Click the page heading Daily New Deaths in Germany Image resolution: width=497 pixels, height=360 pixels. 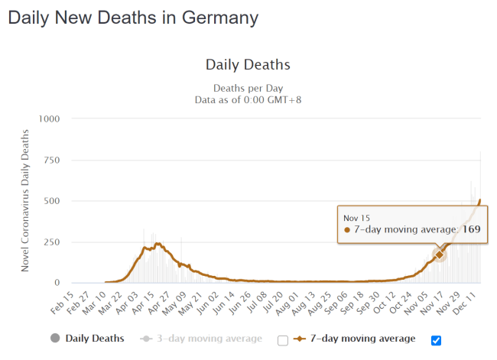click(x=133, y=17)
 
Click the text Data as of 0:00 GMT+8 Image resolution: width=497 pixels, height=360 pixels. click(x=248, y=99)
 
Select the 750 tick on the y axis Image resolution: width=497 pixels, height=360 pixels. click(x=51, y=160)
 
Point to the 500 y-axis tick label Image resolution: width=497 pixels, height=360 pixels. click(x=51, y=201)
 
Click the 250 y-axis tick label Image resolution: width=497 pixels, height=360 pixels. click(x=51, y=242)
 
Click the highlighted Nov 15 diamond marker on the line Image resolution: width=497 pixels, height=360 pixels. click(x=440, y=255)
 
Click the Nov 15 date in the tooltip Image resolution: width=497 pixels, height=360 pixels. click(x=357, y=216)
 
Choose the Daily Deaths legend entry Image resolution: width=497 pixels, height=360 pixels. click(x=87, y=338)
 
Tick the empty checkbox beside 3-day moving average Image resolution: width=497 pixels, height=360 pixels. click(x=283, y=340)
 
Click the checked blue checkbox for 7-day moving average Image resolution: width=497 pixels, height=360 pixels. click(x=437, y=340)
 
